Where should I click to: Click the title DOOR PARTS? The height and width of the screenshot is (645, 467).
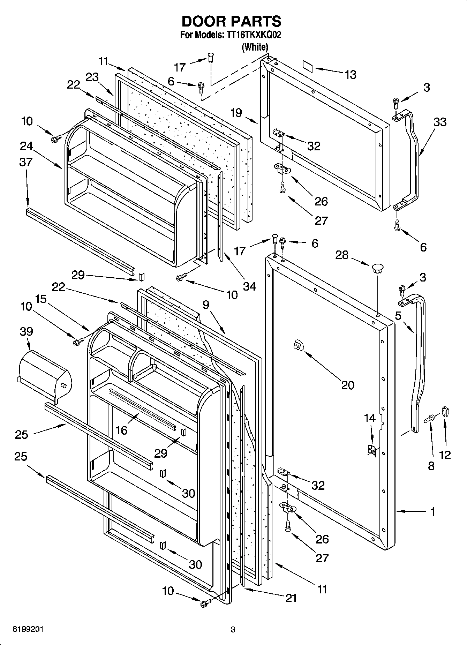coord(232,22)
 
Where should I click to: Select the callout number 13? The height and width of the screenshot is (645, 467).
coord(351,74)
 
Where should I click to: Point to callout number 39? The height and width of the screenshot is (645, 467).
coord(27,331)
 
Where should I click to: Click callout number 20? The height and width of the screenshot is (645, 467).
coord(347,385)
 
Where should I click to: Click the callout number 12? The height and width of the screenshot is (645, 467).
coord(445,455)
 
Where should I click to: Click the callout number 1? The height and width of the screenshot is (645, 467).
coord(432,512)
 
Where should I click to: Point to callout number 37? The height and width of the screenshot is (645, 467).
coord(26,162)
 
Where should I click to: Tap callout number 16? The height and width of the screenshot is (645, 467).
coord(121,430)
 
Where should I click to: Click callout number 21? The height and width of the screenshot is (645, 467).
coord(291,598)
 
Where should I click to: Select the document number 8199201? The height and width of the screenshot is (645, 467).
coord(28,630)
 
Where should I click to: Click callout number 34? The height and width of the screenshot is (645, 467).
coord(249,286)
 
